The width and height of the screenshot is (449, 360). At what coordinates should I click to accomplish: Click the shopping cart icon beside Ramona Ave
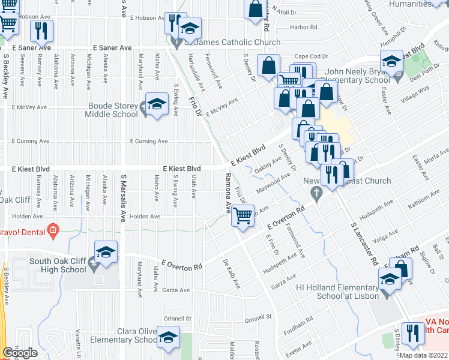pos(243,215)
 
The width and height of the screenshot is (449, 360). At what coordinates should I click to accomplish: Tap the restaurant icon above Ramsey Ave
pos(41,31)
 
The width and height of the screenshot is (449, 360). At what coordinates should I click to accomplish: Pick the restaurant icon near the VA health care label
pos(412,334)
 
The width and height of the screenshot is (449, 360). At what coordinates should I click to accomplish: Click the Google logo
pos(20,353)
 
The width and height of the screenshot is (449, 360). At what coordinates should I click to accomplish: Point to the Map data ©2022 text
pos(424,355)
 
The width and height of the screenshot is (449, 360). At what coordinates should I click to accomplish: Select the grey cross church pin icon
pos(318,193)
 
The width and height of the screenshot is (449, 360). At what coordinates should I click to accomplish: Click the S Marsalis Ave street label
pos(124,198)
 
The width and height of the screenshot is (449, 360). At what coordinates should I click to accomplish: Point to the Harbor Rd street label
pos(303,27)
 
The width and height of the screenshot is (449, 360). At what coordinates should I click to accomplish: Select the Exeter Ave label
pos(298,349)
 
